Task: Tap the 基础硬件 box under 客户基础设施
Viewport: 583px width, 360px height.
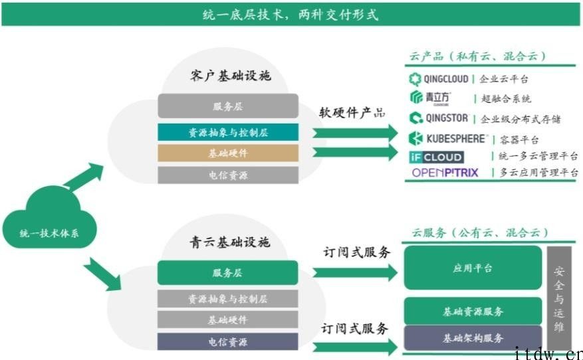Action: coord(228,153)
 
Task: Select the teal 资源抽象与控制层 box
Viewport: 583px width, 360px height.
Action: coord(228,132)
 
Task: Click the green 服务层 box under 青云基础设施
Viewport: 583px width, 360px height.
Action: coord(228,272)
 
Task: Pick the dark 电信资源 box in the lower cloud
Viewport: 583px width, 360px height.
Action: coord(228,342)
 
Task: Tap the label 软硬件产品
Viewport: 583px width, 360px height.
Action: coord(352,112)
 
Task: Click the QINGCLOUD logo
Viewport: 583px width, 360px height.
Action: coord(439,79)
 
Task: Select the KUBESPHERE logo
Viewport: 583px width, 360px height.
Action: coord(448,138)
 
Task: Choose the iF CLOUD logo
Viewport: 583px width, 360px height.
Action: coord(436,157)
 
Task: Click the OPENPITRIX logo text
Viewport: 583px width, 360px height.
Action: coord(445,173)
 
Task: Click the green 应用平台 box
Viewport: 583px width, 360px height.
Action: coord(473,268)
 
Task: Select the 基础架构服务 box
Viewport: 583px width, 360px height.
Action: coord(473,338)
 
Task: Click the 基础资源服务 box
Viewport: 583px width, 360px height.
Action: coord(473,311)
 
